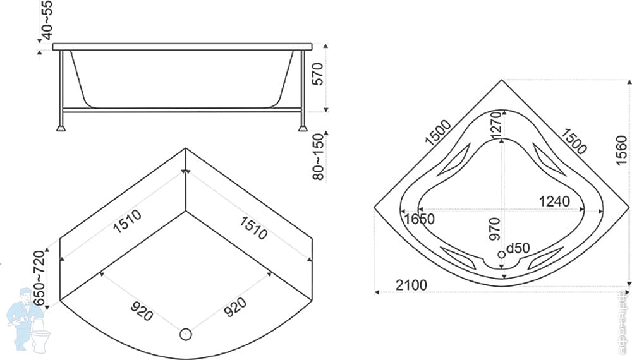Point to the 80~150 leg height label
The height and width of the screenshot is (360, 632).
click(319, 156)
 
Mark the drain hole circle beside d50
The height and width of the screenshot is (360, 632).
click(502, 254)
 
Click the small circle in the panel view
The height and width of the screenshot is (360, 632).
click(186, 334)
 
